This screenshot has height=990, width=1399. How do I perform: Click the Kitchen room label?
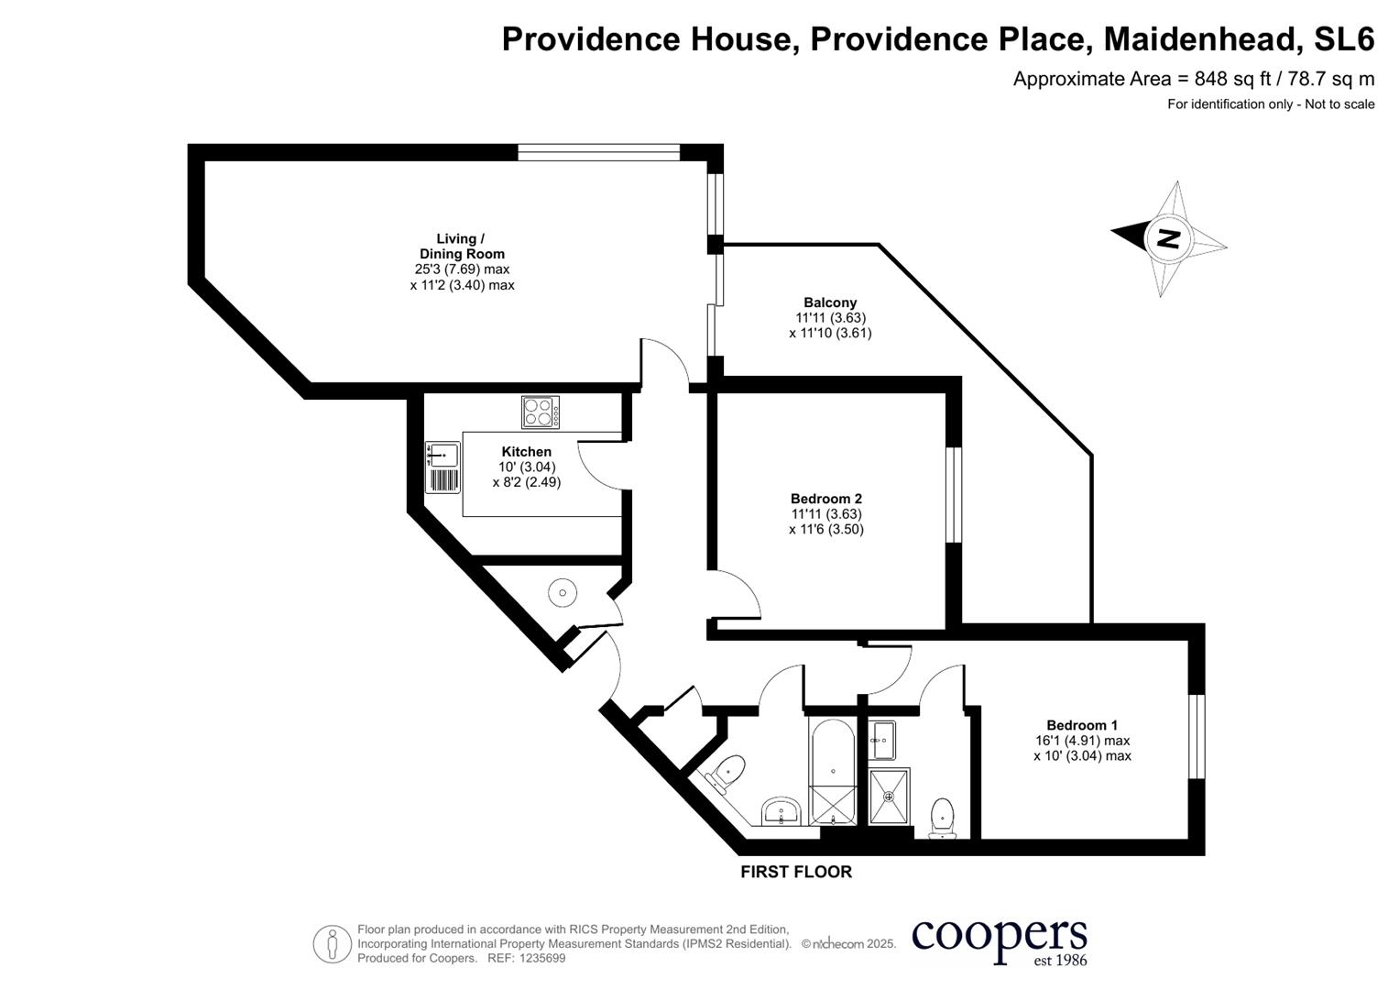[527, 451]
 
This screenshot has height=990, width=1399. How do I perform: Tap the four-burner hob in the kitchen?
[541, 412]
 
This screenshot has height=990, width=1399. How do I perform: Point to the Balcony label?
[830, 302]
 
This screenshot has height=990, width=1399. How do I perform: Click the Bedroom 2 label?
[826, 498]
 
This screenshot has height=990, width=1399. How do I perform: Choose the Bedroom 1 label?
[1082, 725]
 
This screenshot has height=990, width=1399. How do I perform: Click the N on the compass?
[1168, 238]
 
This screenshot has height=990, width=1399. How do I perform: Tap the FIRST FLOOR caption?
[796, 872]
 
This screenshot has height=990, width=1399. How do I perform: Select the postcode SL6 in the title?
[1345, 38]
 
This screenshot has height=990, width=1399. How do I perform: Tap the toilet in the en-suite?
[942, 818]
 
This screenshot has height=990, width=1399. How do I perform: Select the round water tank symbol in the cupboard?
[563, 592]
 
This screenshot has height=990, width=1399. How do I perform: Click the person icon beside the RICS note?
[333, 944]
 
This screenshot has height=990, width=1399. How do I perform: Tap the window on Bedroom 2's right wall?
[954, 494]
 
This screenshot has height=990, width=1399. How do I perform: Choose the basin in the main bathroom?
[781, 811]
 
